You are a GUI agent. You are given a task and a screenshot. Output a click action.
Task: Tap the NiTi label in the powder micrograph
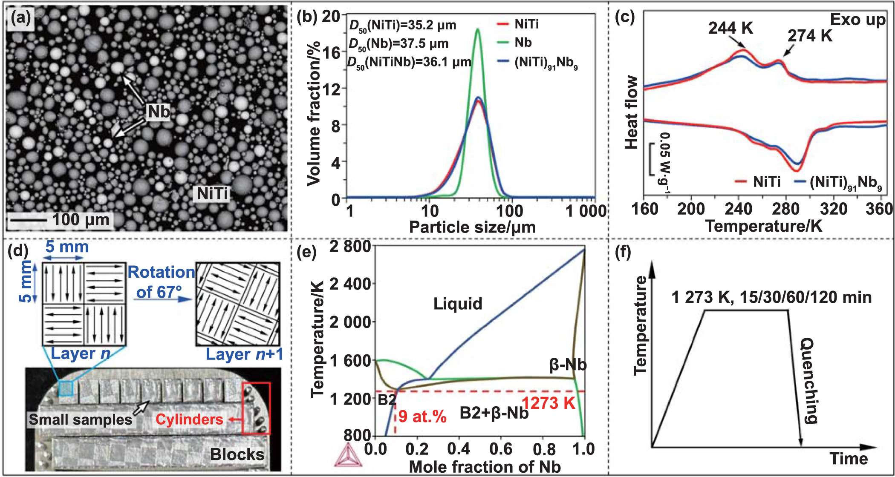pyautogui.click(x=212, y=194)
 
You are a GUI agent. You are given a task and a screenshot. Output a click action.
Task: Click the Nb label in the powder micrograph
pyautogui.click(x=159, y=112)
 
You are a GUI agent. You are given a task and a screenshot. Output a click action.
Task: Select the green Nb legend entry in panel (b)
pyautogui.click(x=523, y=43)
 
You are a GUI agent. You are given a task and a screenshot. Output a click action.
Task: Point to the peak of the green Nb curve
pyautogui.click(x=478, y=29)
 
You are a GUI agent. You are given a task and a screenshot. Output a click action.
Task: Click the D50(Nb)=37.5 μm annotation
pyautogui.click(x=398, y=44)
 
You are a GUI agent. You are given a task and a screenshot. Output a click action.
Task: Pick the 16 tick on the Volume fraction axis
pyautogui.click(x=332, y=53)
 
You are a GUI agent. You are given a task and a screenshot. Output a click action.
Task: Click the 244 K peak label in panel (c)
pyautogui.click(x=730, y=28)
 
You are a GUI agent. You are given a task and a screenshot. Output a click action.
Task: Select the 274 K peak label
pyautogui.click(x=809, y=36)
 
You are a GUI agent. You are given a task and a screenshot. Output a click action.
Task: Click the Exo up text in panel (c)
pyautogui.click(x=857, y=20)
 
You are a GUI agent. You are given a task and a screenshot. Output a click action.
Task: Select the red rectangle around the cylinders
pyautogui.click(x=256, y=408)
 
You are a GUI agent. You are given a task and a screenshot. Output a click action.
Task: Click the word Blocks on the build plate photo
pyautogui.click(x=237, y=454)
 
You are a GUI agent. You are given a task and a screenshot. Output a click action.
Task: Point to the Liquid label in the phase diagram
pyautogui.click(x=458, y=304)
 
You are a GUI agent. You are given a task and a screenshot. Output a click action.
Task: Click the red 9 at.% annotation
pyautogui.click(x=422, y=416)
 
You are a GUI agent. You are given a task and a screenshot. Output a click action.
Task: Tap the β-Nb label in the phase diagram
pyautogui.click(x=568, y=365)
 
